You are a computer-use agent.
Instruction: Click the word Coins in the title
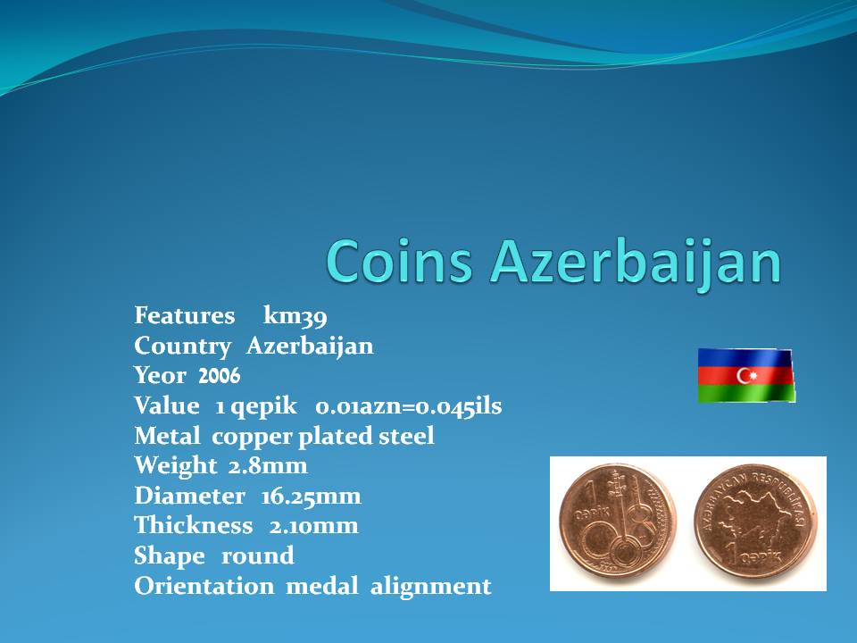(399, 261)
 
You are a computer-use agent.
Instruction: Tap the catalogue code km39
(295, 316)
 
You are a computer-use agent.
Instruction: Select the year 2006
(220, 376)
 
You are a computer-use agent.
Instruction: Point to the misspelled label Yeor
(160, 376)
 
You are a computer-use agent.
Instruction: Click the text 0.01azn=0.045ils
(409, 406)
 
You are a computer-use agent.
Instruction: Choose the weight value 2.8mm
(268, 466)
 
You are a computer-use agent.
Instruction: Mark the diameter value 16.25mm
(311, 497)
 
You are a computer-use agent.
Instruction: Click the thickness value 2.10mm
(313, 526)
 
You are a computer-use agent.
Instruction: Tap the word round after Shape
(257, 556)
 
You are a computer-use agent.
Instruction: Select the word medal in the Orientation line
(322, 586)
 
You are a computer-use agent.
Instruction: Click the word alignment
(430, 588)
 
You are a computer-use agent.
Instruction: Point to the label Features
(185, 315)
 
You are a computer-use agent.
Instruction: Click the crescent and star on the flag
(746, 376)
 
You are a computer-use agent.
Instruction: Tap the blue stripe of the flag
(745, 357)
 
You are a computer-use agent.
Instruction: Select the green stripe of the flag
(746, 393)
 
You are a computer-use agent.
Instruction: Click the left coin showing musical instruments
(617, 522)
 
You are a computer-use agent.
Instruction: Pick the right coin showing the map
(756, 521)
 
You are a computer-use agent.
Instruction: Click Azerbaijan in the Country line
(310, 347)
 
